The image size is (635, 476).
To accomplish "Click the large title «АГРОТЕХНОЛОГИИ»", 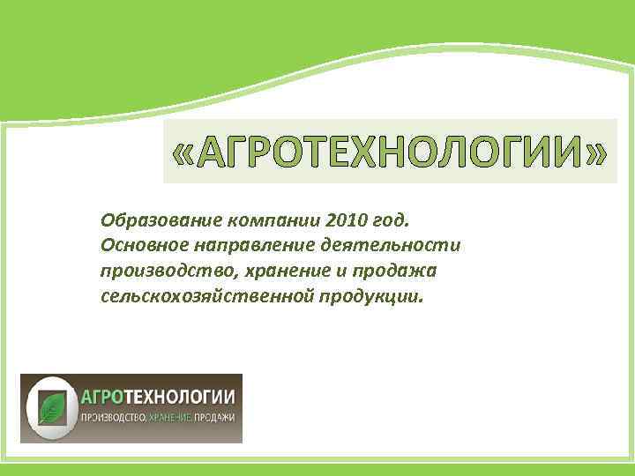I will pos(390,151).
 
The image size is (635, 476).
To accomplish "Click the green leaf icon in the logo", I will pos(51,408).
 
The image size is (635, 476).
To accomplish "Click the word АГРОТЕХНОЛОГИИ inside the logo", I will pos(156,396).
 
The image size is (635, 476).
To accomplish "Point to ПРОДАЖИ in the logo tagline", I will pos(215,417).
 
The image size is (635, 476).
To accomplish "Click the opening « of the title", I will pos(182,152).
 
